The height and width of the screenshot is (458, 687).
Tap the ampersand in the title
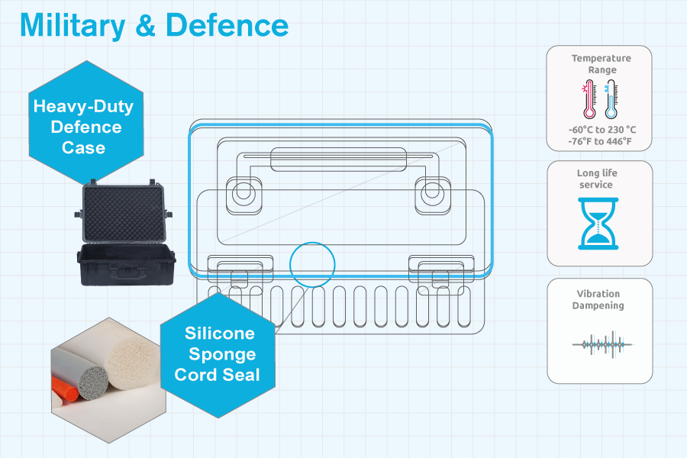click(150, 24)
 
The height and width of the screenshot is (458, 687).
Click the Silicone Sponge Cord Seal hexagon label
click(220, 354)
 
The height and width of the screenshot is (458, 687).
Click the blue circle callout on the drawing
click(312, 264)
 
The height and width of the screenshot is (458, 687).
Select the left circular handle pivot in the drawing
click(243, 192)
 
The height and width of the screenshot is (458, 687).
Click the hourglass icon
click(600, 224)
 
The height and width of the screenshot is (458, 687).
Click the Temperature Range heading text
click(601, 64)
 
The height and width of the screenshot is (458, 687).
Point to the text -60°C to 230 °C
click(602, 130)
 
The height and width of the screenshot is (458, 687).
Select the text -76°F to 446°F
click(600, 141)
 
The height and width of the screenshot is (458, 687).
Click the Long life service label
click(600, 179)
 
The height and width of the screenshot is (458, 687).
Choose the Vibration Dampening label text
click(600, 299)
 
